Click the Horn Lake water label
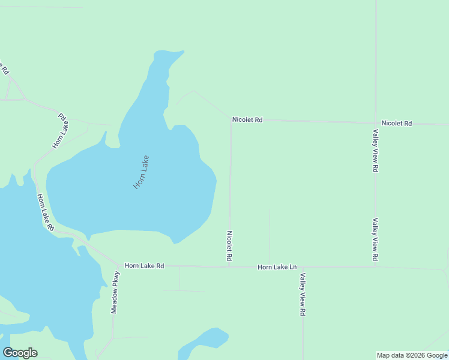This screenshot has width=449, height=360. [x=141, y=173]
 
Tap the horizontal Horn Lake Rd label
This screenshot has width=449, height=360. [x=144, y=265]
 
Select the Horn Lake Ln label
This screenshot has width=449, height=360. [x=277, y=267]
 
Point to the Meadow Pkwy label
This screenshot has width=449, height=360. [x=115, y=292]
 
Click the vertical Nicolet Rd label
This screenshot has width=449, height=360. [x=229, y=245]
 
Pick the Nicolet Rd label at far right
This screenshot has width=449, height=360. [x=397, y=123]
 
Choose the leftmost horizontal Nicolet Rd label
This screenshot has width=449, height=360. [x=247, y=120]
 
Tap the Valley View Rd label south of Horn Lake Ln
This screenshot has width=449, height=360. [x=303, y=295]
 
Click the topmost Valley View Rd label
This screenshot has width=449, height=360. [x=375, y=151]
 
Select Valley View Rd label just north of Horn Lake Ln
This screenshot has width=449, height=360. [x=375, y=239]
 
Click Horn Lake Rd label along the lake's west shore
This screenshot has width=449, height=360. [x=46, y=212]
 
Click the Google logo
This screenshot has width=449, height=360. [x=20, y=353]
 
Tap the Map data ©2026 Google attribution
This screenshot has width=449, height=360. [x=412, y=355]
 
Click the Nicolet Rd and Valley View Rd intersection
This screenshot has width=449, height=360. [x=376, y=122]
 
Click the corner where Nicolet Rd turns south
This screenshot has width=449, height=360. [x=231, y=119]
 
